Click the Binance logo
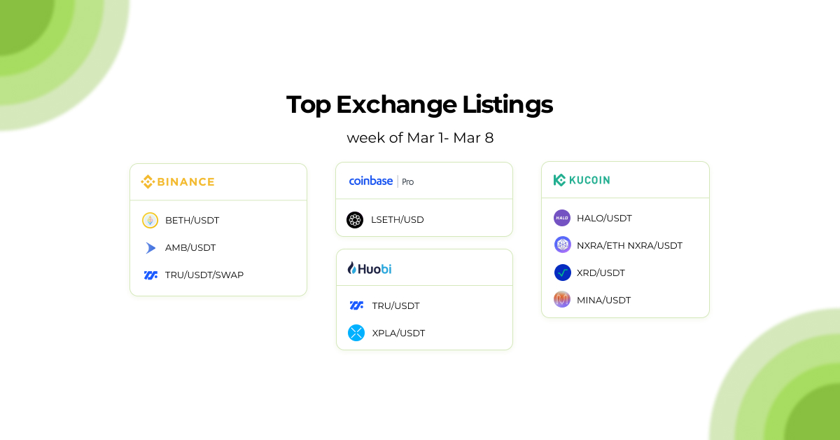[x=178, y=182]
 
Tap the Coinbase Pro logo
[x=381, y=181]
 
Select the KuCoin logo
[x=582, y=180]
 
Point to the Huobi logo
[x=370, y=268]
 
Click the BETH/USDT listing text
[x=192, y=221]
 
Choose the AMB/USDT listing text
[x=190, y=248]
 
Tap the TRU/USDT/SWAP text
[x=204, y=275]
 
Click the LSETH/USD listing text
[x=397, y=220]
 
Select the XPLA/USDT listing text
[x=398, y=334]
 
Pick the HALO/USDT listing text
[x=604, y=219]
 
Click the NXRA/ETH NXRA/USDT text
[x=629, y=246]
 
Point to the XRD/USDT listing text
[x=601, y=273]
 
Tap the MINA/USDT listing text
[x=603, y=301]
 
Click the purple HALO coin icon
[x=562, y=218]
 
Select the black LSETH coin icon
[x=355, y=220]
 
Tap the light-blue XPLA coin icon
[x=356, y=333]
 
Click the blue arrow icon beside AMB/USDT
[x=150, y=248]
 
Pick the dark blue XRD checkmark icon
[x=563, y=273]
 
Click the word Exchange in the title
[x=395, y=104]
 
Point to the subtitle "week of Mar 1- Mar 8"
[x=420, y=138]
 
